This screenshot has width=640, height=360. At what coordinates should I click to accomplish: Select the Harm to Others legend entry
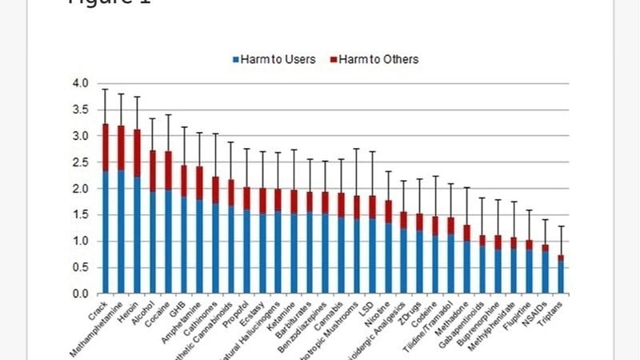click(x=374, y=59)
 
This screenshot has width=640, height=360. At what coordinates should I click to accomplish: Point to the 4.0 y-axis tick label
click(x=81, y=83)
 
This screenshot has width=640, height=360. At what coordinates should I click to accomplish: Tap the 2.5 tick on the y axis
click(x=81, y=162)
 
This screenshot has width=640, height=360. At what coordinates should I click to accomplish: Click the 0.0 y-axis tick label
click(x=81, y=294)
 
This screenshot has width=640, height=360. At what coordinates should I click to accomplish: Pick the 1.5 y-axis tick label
click(x=81, y=215)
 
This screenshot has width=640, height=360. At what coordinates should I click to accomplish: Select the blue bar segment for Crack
click(x=106, y=232)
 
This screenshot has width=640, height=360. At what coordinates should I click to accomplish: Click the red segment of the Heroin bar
click(x=137, y=152)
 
